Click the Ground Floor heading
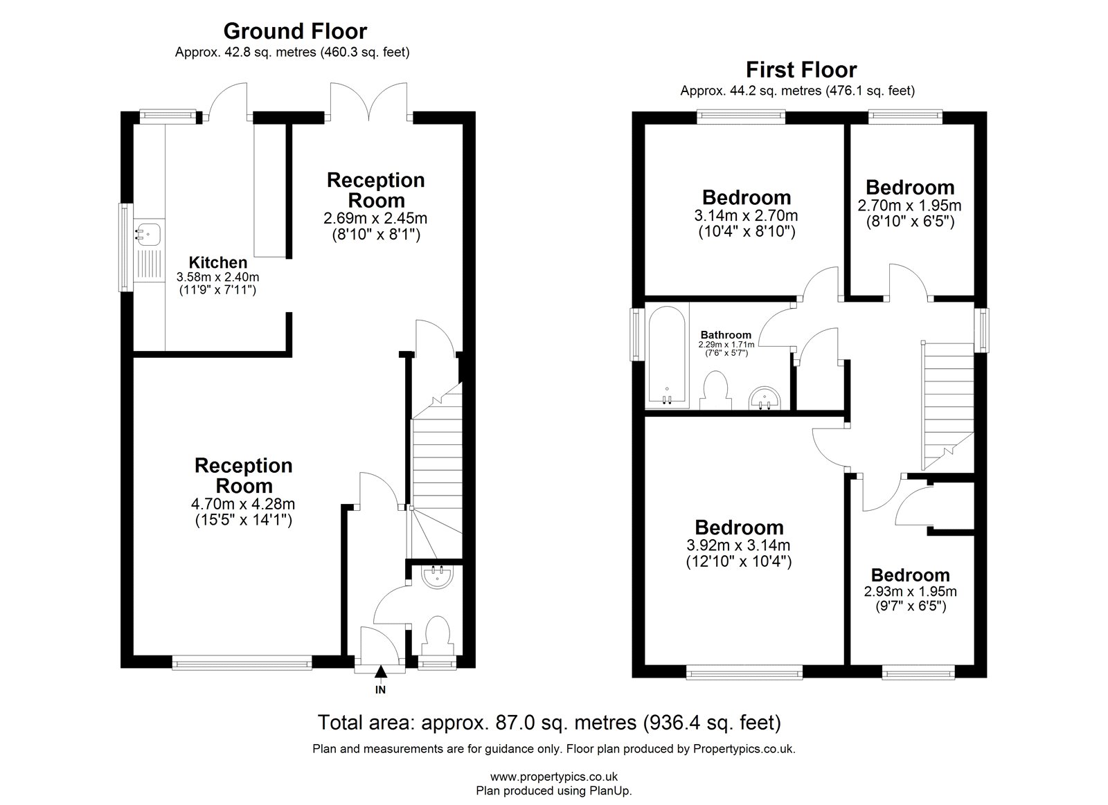coord(295,31)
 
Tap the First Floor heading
coord(801,70)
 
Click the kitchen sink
coord(148,234)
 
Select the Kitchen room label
coord(217,262)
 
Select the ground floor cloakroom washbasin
coord(437,577)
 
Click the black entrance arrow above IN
coord(380,671)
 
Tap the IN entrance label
coord(380,690)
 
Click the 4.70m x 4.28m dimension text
coord(243,504)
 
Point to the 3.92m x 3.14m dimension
coord(738,545)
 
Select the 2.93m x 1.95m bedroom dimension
coord(910,591)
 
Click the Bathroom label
coord(726,335)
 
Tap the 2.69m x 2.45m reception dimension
coord(375,218)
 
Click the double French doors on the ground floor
coord(369,102)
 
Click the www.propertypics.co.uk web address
coord(554,777)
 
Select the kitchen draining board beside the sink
coord(148,264)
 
